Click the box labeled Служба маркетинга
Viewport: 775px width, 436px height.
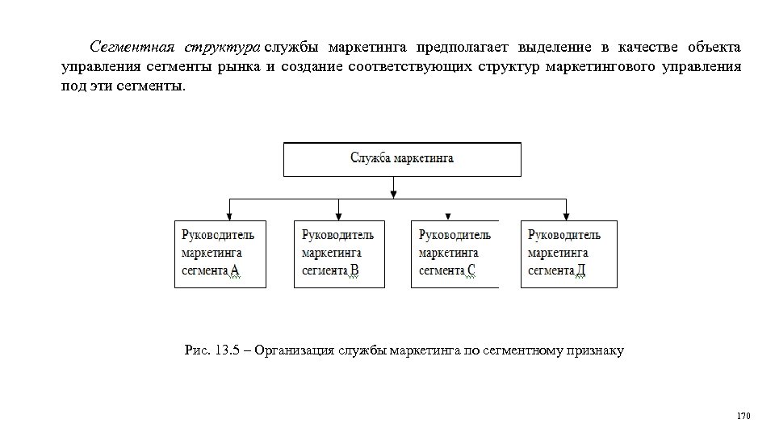pyautogui.click(x=401, y=159)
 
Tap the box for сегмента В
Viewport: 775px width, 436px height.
pyautogui.click(x=339, y=254)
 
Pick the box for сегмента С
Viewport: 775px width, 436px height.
pyautogui.click(x=455, y=254)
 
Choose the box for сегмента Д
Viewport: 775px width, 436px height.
pyautogui.click(x=568, y=254)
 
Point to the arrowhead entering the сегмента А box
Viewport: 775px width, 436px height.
pyautogui.click(x=229, y=216)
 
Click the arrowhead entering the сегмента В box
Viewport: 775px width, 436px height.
pyautogui.click(x=339, y=216)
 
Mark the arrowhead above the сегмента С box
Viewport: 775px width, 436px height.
pyautogui.click(x=448, y=216)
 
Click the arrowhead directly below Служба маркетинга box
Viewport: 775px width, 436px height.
pyautogui.click(x=393, y=193)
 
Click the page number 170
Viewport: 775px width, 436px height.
pyautogui.click(x=744, y=416)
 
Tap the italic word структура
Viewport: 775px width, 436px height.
pyautogui.click(x=221, y=45)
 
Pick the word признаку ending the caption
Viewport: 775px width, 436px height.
pyautogui.click(x=597, y=350)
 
